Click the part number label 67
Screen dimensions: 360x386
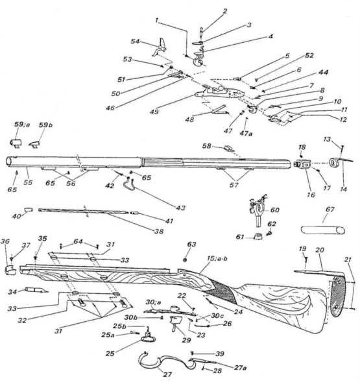[330, 210]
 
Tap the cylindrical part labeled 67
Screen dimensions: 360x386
[323, 230]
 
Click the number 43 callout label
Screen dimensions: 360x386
[180, 208]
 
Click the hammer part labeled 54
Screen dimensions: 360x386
[160, 47]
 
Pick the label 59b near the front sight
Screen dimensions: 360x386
[45, 125]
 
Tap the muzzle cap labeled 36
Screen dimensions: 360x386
[10, 270]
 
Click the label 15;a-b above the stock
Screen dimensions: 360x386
[217, 259]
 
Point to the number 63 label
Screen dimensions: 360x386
[191, 244]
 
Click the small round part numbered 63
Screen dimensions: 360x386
[185, 259]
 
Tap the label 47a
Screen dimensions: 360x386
[246, 134]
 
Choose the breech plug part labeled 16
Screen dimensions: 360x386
[302, 163]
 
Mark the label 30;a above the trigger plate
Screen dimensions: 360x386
[153, 302]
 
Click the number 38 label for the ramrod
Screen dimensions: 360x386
[159, 232]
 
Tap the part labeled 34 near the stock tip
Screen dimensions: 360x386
[36, 290]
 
